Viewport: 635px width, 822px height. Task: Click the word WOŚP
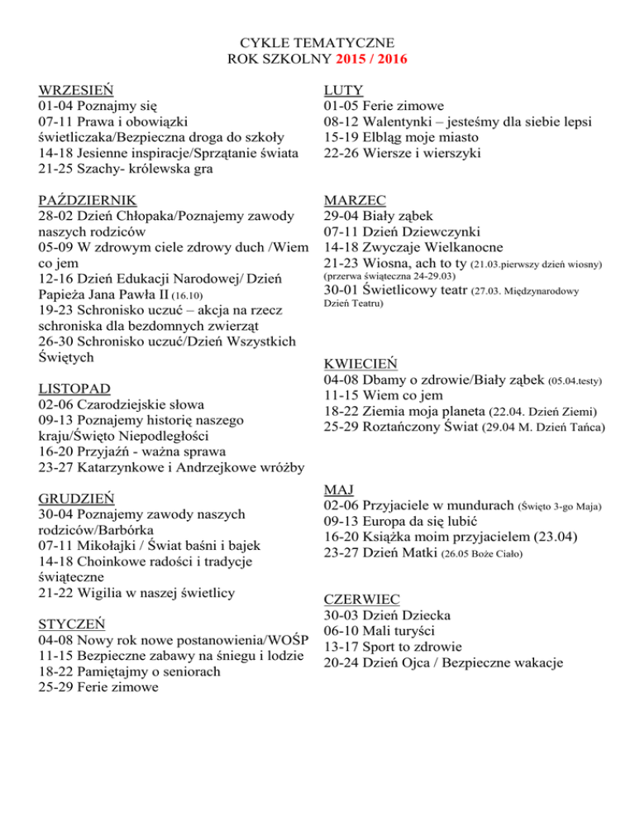click(x=285, y=640)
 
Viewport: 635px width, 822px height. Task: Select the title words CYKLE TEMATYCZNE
click(x=317, y=43)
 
